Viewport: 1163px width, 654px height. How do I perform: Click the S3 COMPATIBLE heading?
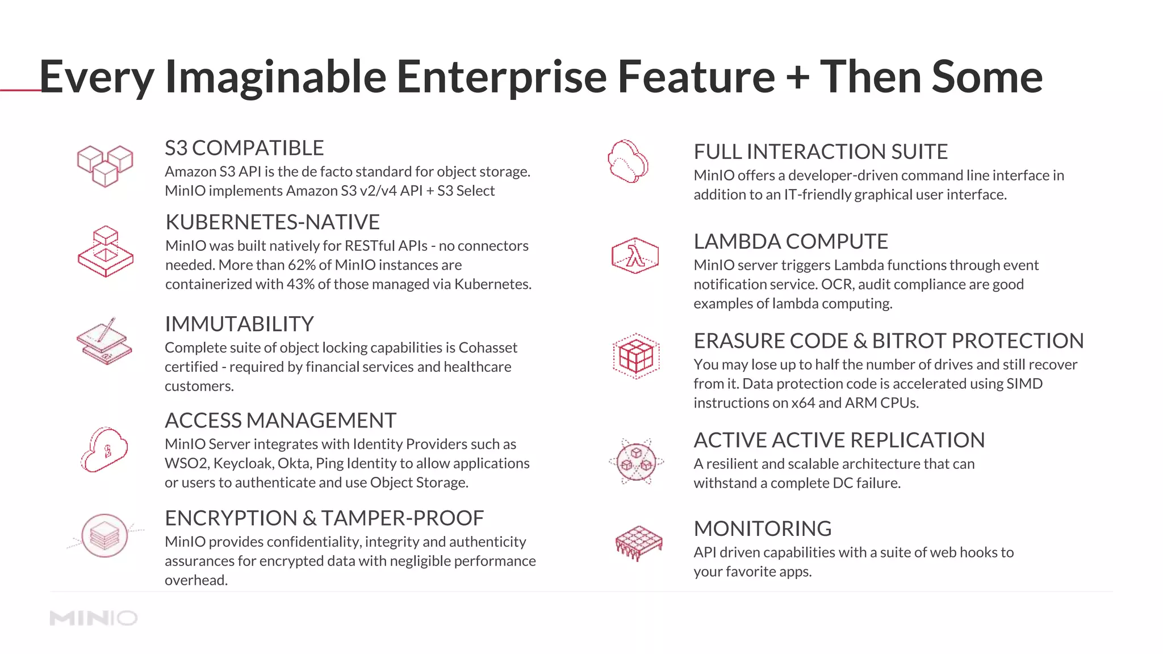point(244,148)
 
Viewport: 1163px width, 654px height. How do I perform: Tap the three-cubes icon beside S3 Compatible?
point(105,165)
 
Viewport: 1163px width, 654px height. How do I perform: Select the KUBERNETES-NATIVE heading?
point(273,222)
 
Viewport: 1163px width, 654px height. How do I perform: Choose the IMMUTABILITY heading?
point(239,324)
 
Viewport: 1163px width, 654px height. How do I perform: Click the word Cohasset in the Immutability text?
point(488,347)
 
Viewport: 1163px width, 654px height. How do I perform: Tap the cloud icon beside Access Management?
point(104,450)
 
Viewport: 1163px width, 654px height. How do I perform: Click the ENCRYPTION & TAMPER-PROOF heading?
point(324,518)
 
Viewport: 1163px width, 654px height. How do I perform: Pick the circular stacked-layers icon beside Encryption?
point(105,535)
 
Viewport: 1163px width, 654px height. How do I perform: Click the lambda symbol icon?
point(635,255)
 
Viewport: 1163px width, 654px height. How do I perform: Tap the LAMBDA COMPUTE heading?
point(790,242)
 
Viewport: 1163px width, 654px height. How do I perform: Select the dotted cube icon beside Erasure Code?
point(636,356)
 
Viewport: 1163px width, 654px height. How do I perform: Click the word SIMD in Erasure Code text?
point(1024,384)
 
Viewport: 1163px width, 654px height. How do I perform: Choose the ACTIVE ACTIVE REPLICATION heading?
point(839,441)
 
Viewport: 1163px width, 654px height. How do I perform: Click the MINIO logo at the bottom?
point(94,618)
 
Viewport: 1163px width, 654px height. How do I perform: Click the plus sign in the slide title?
point(798,77)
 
